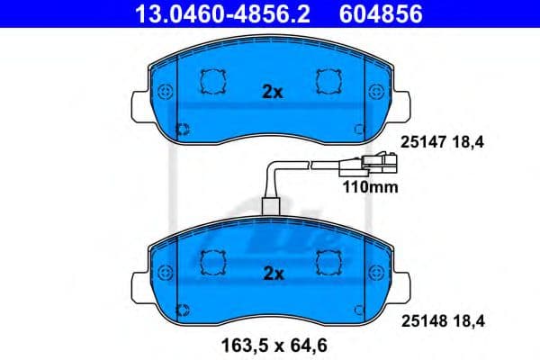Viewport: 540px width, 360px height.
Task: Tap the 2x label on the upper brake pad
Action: tap(272, 92)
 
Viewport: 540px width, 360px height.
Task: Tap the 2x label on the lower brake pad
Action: tap(272, 272)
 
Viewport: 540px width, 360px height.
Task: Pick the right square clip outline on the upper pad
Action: tap(326, 83)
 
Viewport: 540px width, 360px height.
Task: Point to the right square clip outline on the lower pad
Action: tap(326, 262)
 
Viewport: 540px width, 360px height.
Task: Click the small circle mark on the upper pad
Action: tap(183, 130)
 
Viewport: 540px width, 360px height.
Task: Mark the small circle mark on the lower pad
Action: tap(183, 310)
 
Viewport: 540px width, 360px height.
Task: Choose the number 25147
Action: tap(419, 140)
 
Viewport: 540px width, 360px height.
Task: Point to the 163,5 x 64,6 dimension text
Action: tap(271, 343)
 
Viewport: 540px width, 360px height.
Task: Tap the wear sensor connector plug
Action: tap(376, 165)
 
